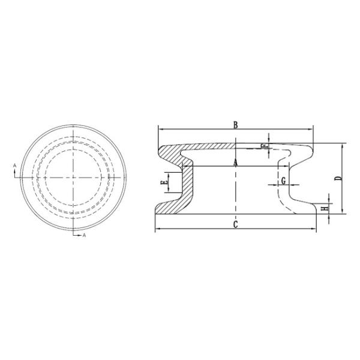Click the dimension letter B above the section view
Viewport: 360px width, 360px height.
[236, 125]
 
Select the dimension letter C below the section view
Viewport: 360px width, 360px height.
[235, 224]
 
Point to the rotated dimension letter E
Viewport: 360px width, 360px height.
[164, 183]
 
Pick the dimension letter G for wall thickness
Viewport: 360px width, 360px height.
[284, 181]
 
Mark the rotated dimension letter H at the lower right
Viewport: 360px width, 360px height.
[325, 209]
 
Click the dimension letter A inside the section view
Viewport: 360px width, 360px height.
[235, 163]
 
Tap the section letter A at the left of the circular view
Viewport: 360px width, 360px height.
[14, 165]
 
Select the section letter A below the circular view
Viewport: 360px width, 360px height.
[84, 235]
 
